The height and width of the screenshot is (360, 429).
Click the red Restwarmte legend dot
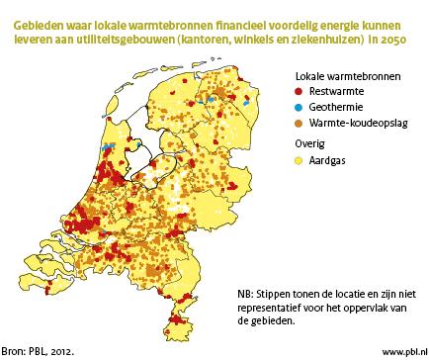coord(300,91)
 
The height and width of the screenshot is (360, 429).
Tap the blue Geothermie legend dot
coord(300,106)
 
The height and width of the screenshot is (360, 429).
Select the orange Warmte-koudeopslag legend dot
coord(300,122)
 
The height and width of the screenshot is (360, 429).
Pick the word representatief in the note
coord(272,307)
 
